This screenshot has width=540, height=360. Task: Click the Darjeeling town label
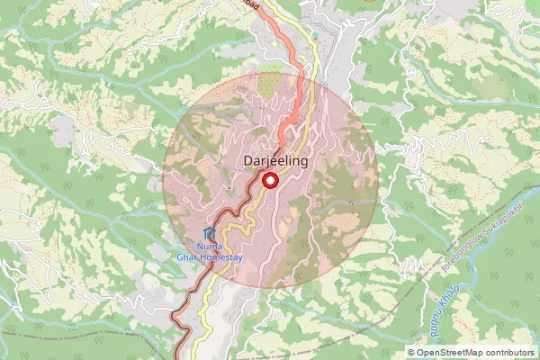(x=276, y=161)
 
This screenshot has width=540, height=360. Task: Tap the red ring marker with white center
(x=268, y=181)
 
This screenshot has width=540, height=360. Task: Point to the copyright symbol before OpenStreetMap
(x=411, y=353)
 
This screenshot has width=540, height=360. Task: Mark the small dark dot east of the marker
(x=350, y=203)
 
